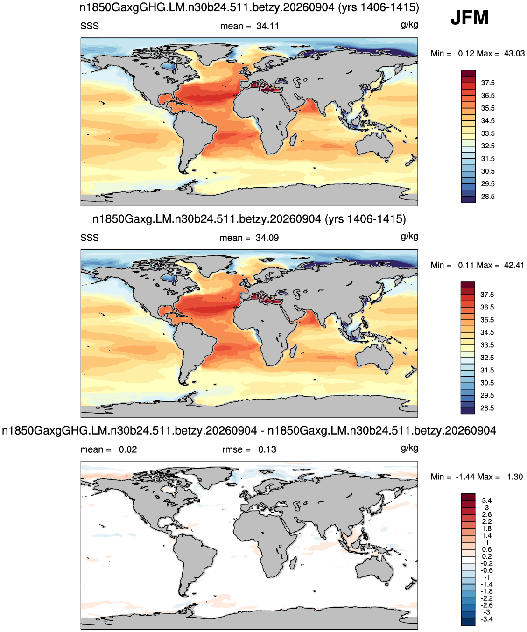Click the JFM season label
(469, 18)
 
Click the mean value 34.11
(267, 26)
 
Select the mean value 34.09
(267, 238)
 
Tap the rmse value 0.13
(267, 449)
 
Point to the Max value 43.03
(514, 54)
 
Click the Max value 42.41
(514, 265)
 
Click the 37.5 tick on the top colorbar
(488, 83)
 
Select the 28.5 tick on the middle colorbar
(487, 408)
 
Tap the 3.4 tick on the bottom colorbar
(487, 500)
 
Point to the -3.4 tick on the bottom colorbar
(487, 619)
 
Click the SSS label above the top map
(90, 26)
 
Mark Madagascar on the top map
(293, 140)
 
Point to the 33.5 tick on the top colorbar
(488, 133)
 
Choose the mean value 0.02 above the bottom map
(128, 449)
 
